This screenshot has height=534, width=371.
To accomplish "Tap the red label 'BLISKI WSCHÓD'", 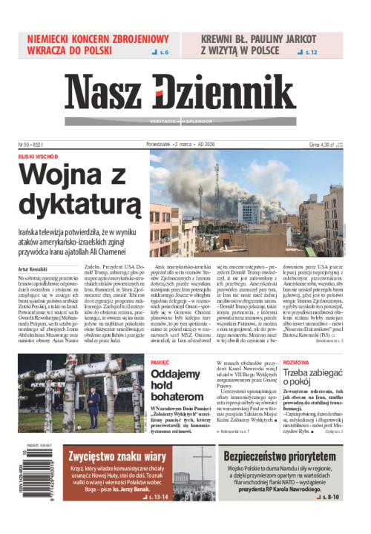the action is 39,157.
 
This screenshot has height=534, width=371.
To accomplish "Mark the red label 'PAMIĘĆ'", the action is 160,363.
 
